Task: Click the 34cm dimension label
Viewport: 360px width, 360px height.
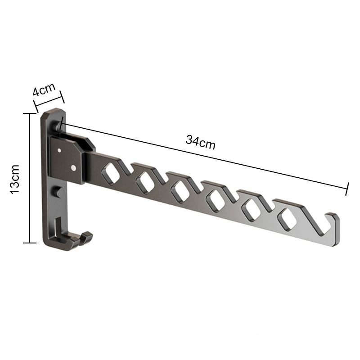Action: [200, 142]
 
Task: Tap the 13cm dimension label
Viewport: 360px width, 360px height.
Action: [15, 179]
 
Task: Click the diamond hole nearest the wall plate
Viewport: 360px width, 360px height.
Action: [111, 173]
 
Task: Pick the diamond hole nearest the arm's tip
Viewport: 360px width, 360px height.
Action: [287, 219]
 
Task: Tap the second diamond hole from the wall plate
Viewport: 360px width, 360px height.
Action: [145, 182]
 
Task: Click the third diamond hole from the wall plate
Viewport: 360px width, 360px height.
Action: [181, 191]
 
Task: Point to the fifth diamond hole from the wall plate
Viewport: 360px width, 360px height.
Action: [252, 210]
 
